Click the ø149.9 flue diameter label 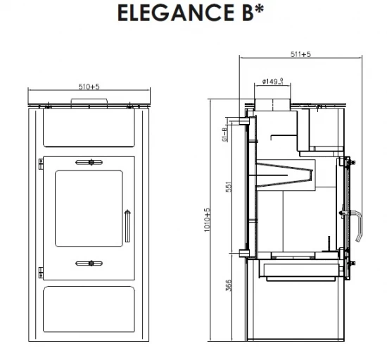tap(272, 81)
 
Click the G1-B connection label tap(224, 134)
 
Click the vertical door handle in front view tap(127, 225)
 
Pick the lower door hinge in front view tap(40, 271)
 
